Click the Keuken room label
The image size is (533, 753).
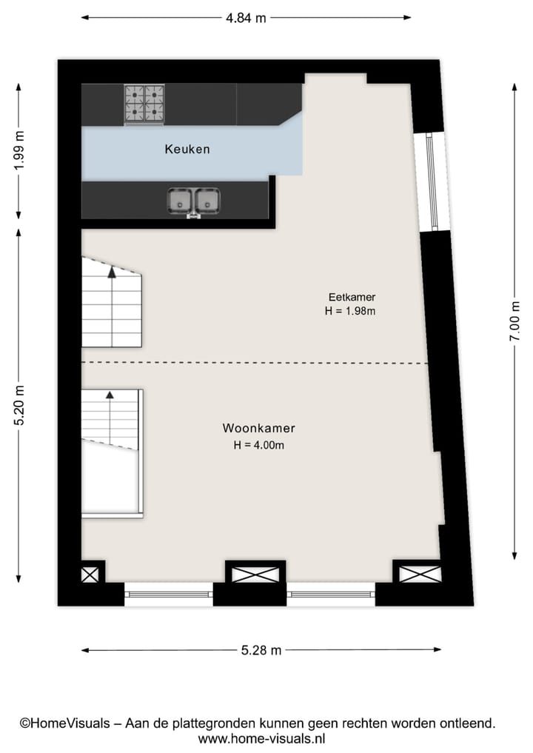[x=187, y=149]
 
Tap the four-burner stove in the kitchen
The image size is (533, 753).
[x=144, y=103]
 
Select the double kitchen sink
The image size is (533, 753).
[x=194, y=200]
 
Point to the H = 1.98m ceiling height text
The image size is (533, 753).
[x=350, y=312]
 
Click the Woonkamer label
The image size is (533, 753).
[x=258, y=429]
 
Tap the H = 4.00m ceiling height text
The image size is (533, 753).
[x=258, y=445]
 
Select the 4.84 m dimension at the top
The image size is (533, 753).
[x=246, y=18]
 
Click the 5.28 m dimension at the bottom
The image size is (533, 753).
[x=261, y=651]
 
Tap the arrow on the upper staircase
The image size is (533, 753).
[x=112, y=272]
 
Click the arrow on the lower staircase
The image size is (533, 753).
[x=110, y=396]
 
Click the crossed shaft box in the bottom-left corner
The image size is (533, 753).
[x=90, y=574]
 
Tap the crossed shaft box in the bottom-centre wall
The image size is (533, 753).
[x=255, y=574]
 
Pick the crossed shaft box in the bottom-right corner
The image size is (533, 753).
[x=420, y=574]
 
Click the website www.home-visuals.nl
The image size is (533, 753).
[x=261, y=738]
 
